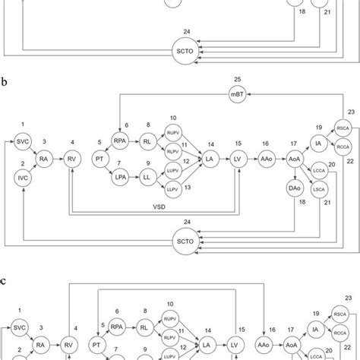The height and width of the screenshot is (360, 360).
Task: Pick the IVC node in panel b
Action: (21, 175)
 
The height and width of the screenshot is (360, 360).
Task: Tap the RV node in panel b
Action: (72, 158)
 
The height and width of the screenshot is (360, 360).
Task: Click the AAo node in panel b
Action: (266, 158)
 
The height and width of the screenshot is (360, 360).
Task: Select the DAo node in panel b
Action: (294, 187)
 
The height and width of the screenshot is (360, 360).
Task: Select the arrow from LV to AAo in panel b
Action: (251, 158)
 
